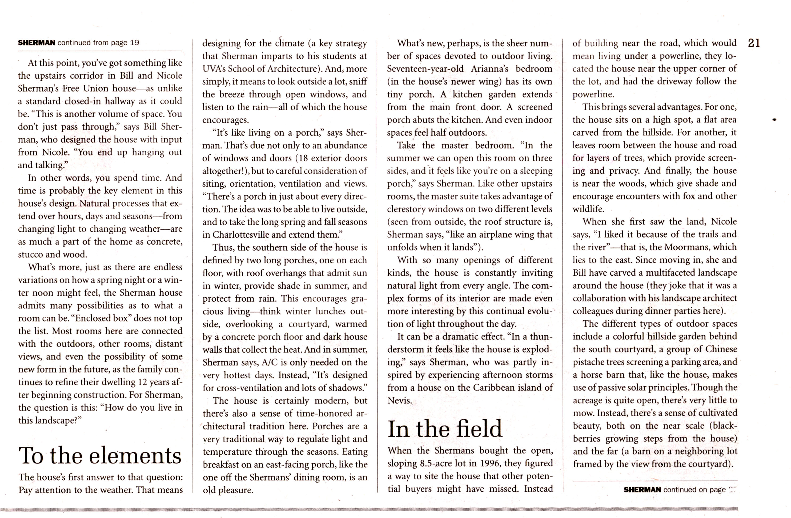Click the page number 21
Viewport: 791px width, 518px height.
(753, 43)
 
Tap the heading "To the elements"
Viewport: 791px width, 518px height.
(100, 456)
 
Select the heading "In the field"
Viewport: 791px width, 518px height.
(445, 429)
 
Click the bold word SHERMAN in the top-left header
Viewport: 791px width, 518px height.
(37, 43)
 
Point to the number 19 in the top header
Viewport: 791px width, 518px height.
(135, 43)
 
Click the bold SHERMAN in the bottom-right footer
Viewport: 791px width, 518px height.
(642, 490)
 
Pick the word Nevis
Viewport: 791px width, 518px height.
(399, 401)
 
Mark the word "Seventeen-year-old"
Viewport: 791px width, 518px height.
(426, 69)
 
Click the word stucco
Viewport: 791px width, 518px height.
(31, 255)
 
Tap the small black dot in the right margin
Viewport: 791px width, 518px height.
(774, 120)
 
